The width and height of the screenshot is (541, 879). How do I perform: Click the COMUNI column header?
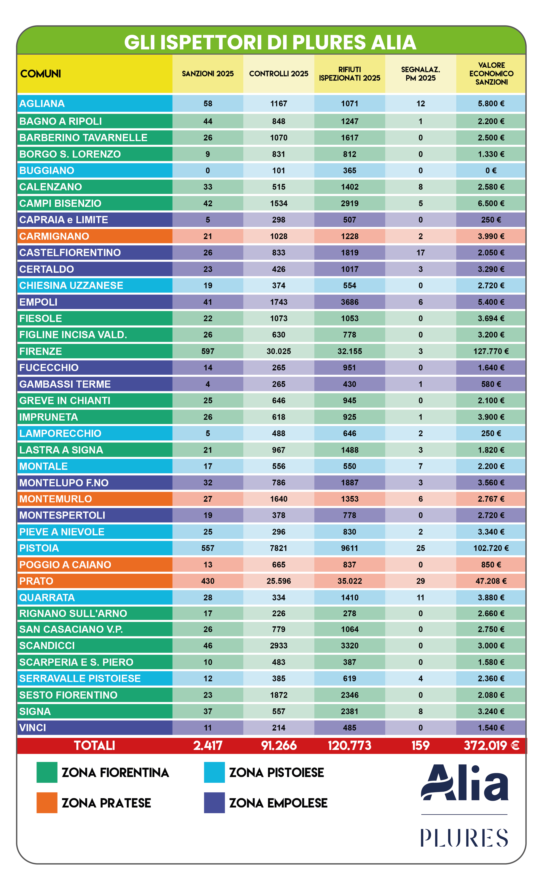40,74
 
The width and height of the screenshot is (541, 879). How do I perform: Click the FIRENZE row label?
40,351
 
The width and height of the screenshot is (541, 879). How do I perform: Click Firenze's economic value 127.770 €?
491,351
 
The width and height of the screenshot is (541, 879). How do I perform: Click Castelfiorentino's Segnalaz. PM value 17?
420,253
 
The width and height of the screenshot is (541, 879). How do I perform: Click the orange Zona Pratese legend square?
47,803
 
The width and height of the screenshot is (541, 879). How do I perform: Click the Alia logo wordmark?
464,783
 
